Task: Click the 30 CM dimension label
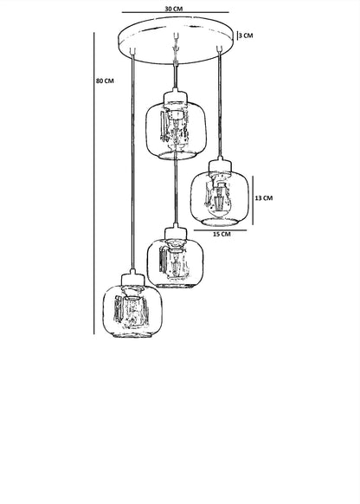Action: click(173, 9)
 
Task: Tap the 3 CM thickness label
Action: click(246, 36)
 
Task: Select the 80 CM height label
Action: click(105, 81)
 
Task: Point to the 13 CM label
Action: click(264, 198)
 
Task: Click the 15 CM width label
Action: click(222, 234)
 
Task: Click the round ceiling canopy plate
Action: click(176, 40)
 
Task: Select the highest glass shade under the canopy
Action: click(176, 131)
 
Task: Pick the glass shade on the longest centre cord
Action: click(176, 263)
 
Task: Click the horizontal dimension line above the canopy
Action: click(176, 12)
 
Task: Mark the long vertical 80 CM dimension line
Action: click(94, 184)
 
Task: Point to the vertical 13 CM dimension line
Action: click(253, 200)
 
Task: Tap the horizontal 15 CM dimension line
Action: click(221, 230)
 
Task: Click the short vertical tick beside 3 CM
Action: click(237, 36)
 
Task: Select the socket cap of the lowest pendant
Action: click(132, 278)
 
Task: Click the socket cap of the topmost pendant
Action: click(175, 96)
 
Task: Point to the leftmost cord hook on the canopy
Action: click(132, 51)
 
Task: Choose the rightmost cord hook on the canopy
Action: click(220, 48)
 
